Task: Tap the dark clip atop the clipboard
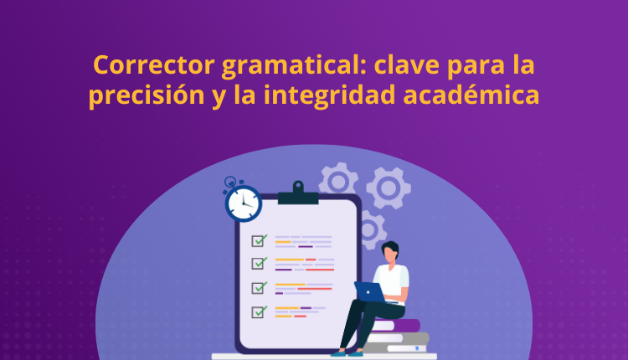point(297,195)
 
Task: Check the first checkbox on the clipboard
point(259,240)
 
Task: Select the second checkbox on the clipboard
point(259,264)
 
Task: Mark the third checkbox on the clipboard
point(259,288)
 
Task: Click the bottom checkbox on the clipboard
point(259,312)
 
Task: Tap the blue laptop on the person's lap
point(369,291)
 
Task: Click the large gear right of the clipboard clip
point(388,187)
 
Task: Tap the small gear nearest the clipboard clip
point(338,181)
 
